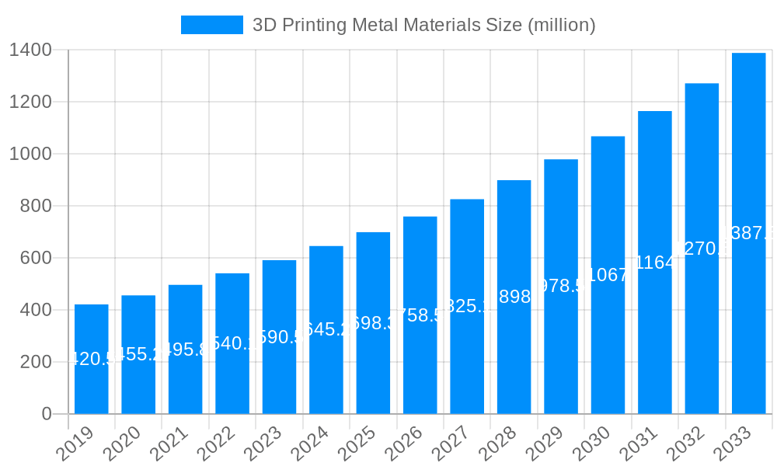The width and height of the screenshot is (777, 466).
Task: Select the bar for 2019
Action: click(x=92, y=359)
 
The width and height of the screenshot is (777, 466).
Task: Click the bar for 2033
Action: click(x=749, y=233)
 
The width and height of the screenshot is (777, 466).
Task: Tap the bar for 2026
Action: click(x=420, y=315)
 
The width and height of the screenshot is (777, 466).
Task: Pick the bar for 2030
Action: click(x=608, y=275)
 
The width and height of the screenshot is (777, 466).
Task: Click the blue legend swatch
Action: click(x=212, y=25)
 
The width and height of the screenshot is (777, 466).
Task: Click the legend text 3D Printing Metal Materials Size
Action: click(x=424, y=25)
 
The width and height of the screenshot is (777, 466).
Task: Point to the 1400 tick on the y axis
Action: click(x=30, y=50)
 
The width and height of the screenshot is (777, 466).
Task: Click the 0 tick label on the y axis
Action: click(x=47, y=414)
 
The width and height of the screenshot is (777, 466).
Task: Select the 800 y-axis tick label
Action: click(x=36, y=206)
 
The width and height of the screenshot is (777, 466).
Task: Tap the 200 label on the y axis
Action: click(x=36, y=362)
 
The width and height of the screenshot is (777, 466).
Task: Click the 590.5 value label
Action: click(x=279, y=337)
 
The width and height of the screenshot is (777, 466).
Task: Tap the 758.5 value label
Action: click(x=420, y=315)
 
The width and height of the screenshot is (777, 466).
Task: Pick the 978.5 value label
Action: click(x=561, y=286)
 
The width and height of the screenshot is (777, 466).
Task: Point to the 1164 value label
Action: click(x=655, y=263)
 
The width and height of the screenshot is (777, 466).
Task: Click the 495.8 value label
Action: click(x=185, y=349)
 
